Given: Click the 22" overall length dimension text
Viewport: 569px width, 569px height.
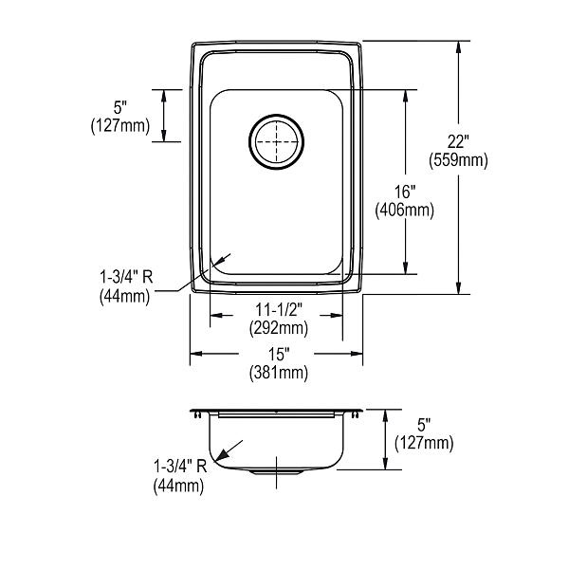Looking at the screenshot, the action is coord(458,141).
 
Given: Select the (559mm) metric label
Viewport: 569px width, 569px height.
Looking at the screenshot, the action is coord(458,160).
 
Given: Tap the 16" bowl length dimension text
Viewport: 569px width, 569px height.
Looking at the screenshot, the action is coord(405,192).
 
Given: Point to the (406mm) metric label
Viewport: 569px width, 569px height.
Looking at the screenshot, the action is coord(405,211).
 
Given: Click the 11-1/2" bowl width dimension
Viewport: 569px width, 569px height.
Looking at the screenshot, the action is coord(279,310).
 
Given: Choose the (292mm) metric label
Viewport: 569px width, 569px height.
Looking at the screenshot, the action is coord(279,328).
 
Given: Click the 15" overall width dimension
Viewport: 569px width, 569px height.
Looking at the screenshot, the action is coord(278,355).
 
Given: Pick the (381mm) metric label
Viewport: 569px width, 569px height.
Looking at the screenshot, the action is coord(279,373).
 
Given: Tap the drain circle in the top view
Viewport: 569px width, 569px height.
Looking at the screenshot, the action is coord(277,115).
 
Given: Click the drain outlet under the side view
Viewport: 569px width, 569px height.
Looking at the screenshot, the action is coord(277,471).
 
